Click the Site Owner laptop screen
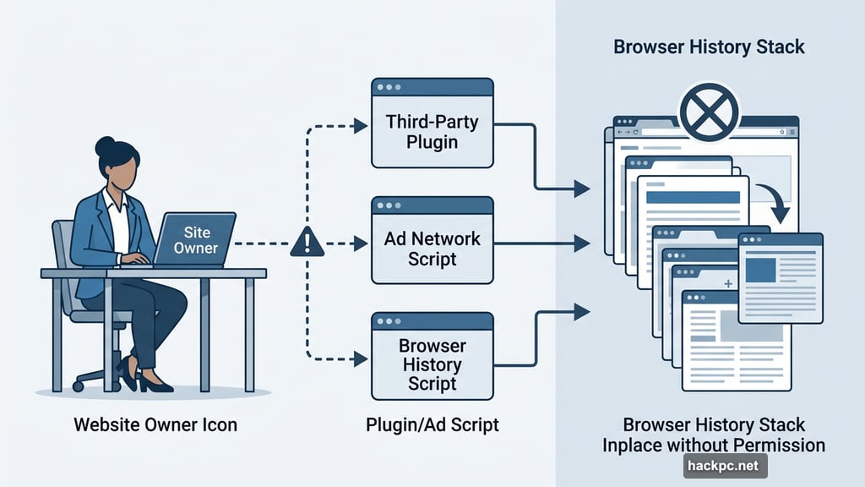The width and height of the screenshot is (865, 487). coord(195,239)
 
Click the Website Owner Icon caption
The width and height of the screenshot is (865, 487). coord(155,424)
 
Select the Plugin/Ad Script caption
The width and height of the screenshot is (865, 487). coord(432,424)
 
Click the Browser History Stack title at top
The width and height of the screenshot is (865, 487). coord(709,47)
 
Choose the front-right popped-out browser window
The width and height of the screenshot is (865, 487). coord(780,277)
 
